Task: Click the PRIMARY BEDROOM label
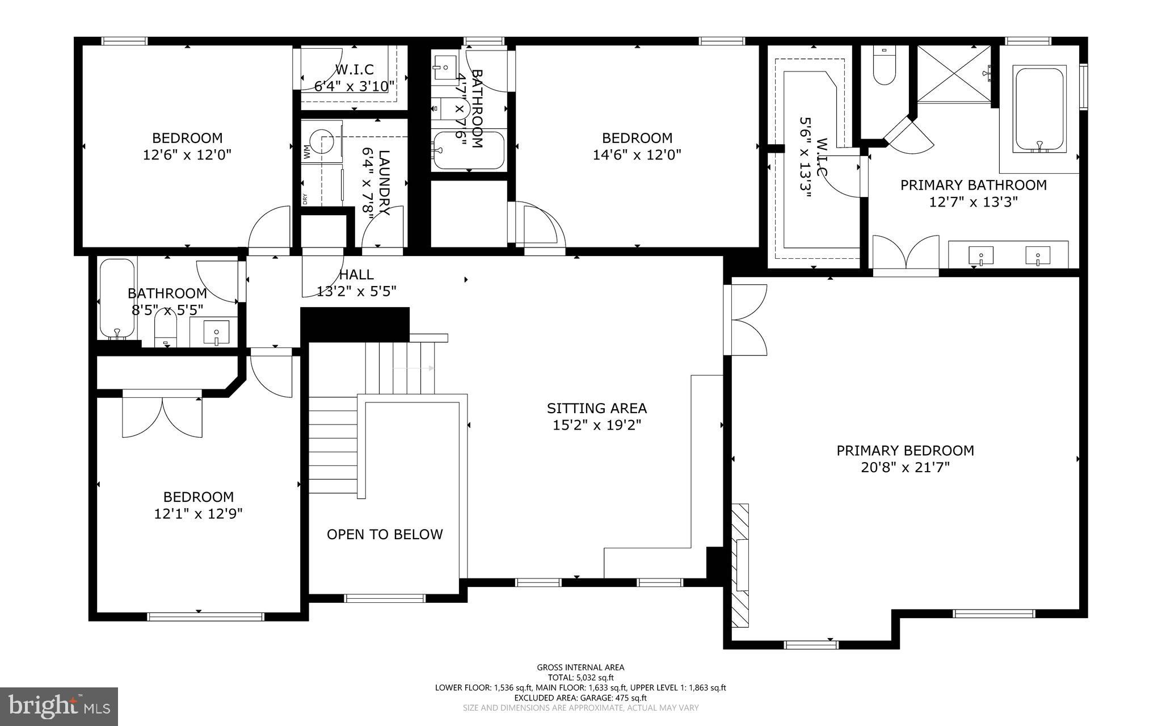tap(905, 451)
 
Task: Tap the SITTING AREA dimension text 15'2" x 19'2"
tap(597, 425)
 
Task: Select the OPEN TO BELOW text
tap(385, 534)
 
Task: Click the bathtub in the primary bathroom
tap(1039, 109)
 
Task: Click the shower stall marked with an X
tap(954, 74)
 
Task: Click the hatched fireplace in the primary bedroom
tap(740, 565)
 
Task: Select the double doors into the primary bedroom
tap(746, 320)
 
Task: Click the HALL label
tap(356, 275)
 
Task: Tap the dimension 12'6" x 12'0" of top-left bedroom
tap(187, 155)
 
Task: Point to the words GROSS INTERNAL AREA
tap(580, 668)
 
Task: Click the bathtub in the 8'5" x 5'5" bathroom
tap(117, 298)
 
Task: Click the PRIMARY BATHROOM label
tap(974, 185)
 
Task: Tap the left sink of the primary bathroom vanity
tap(980, 256)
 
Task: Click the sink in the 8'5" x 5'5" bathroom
tap(216, 333)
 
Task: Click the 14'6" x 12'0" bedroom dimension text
tap(637, 155)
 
